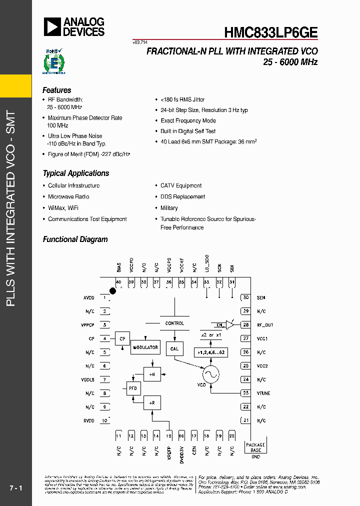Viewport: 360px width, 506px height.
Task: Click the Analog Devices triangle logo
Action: [51, 26]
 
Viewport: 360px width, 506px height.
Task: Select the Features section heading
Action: [56, 90]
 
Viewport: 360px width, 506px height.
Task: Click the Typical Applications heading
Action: [75, 173]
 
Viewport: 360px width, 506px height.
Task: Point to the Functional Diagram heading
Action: [75, 239]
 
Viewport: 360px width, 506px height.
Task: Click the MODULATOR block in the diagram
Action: [145, 347]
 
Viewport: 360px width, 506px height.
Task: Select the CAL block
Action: [174, 348]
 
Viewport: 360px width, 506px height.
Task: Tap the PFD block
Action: [133, 388]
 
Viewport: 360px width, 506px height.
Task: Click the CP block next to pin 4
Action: [122, 338]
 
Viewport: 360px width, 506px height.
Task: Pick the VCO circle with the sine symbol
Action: [210, 374]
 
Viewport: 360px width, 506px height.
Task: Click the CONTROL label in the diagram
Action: [174, 323]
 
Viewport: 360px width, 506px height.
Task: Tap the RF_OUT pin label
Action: [265, 325]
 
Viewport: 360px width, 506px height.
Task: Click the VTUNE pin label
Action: [263, 393]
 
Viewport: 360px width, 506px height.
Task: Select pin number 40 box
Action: [118, 282]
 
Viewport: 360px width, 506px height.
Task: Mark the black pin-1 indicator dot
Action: [113, 290]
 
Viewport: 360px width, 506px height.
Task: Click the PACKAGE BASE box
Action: [255, 447]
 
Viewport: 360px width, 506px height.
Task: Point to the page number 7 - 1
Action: [16, 487]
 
